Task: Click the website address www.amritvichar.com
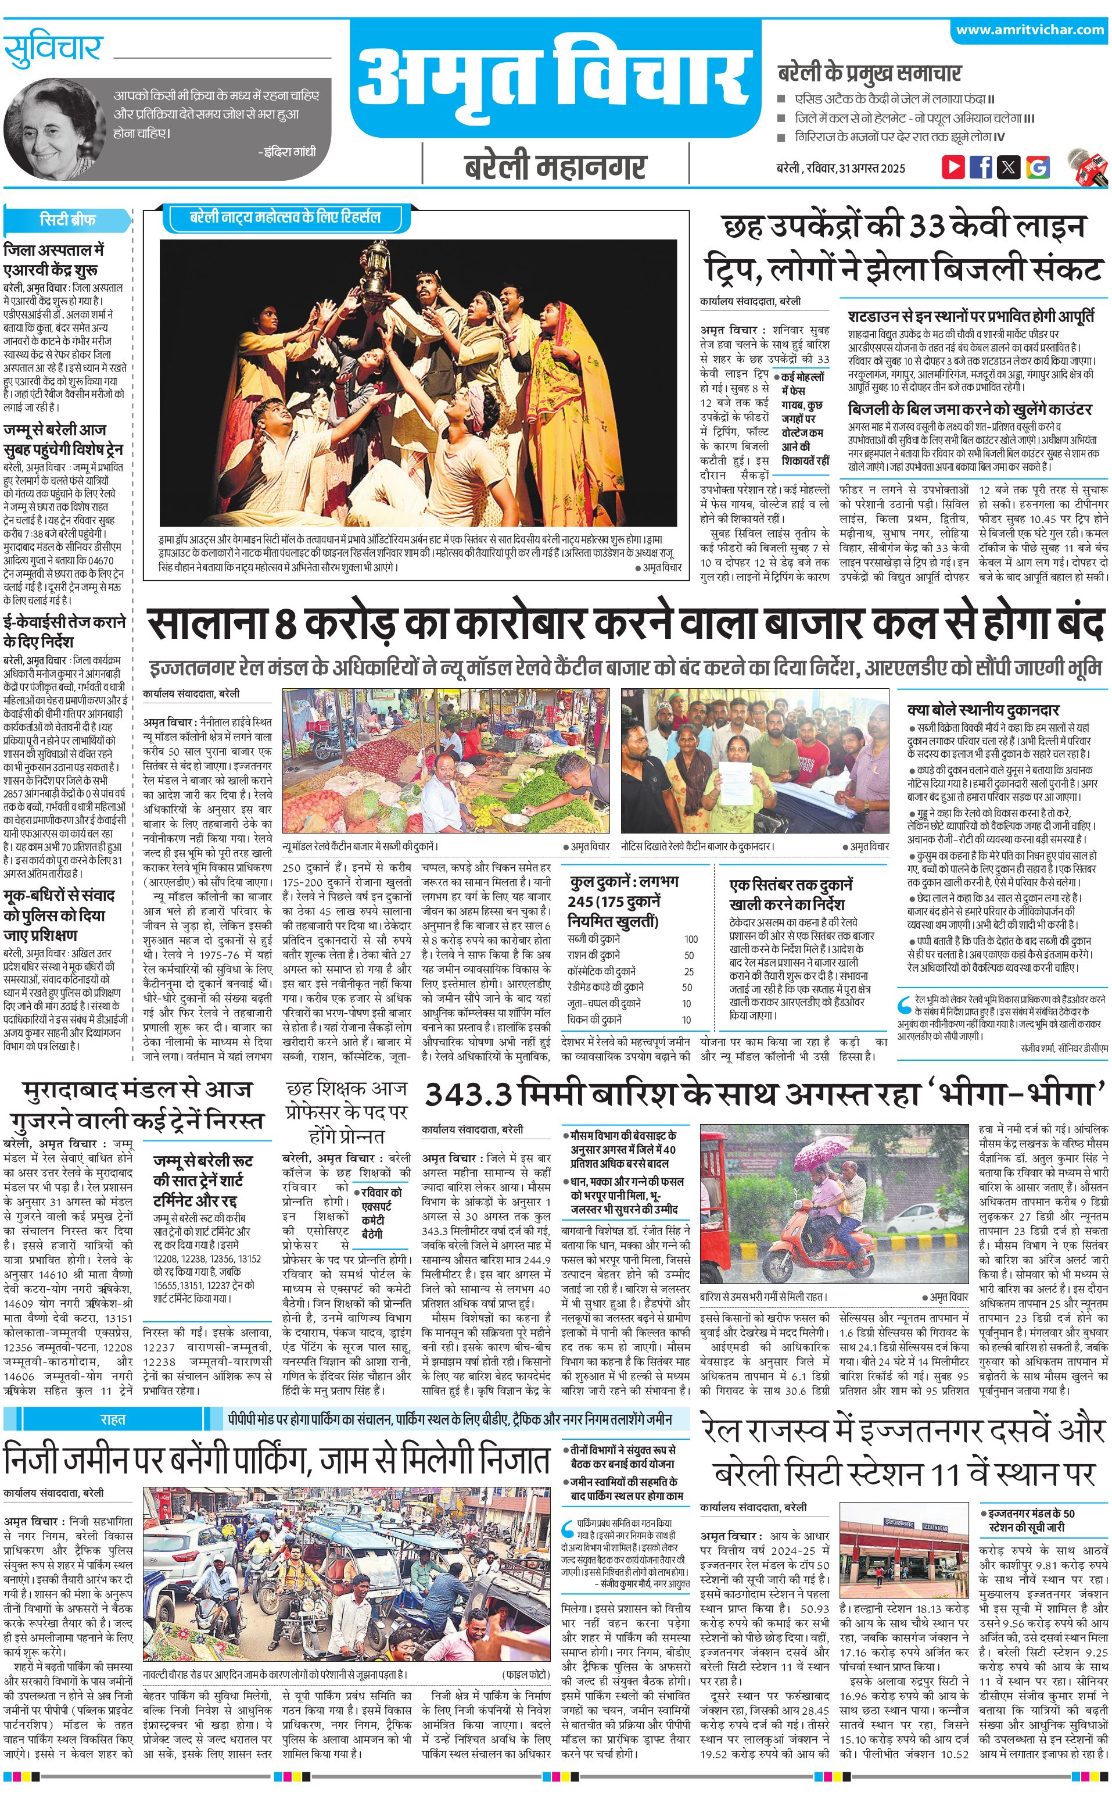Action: click(1030, 30)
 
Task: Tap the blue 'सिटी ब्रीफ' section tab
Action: click(67, 219)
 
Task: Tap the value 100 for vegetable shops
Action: click(691, 939)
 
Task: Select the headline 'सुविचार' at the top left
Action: click(53, 49)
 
